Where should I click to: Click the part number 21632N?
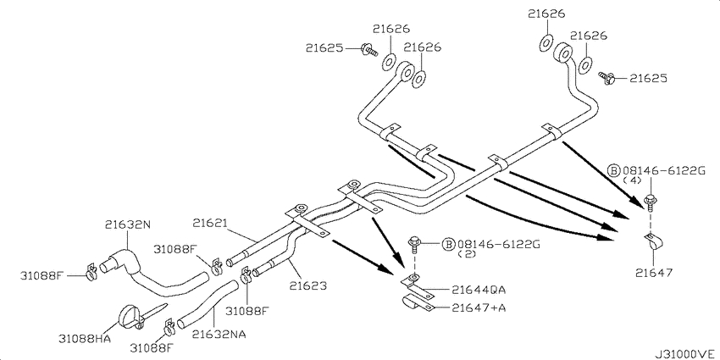(x=127, y=224)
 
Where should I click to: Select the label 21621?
(x=209, y=223)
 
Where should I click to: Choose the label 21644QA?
(x=479, y=290)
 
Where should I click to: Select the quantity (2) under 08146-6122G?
(x=467, y=254)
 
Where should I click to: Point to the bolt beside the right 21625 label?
(x=606, y=79)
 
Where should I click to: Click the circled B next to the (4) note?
(x=613, y=170)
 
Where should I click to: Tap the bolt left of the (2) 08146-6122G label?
(x=415, y=244)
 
